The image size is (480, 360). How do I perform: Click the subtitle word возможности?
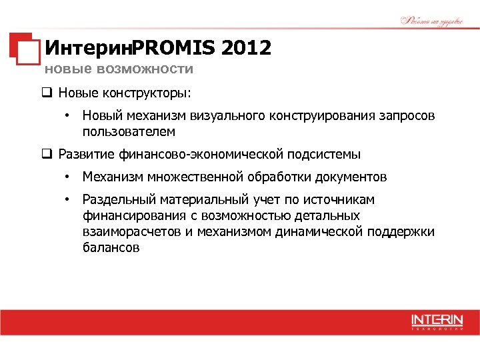click(x=145, y=69)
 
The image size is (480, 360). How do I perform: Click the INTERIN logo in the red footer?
click(x=436, y=321)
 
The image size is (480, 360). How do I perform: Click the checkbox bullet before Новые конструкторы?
click(x=48, y=91)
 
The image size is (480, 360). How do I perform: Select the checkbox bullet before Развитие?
click(x=48, y=155)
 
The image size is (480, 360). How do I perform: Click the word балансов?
click(x=111, y=248)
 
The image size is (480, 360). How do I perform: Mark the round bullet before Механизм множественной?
click(x=67, y=177)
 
